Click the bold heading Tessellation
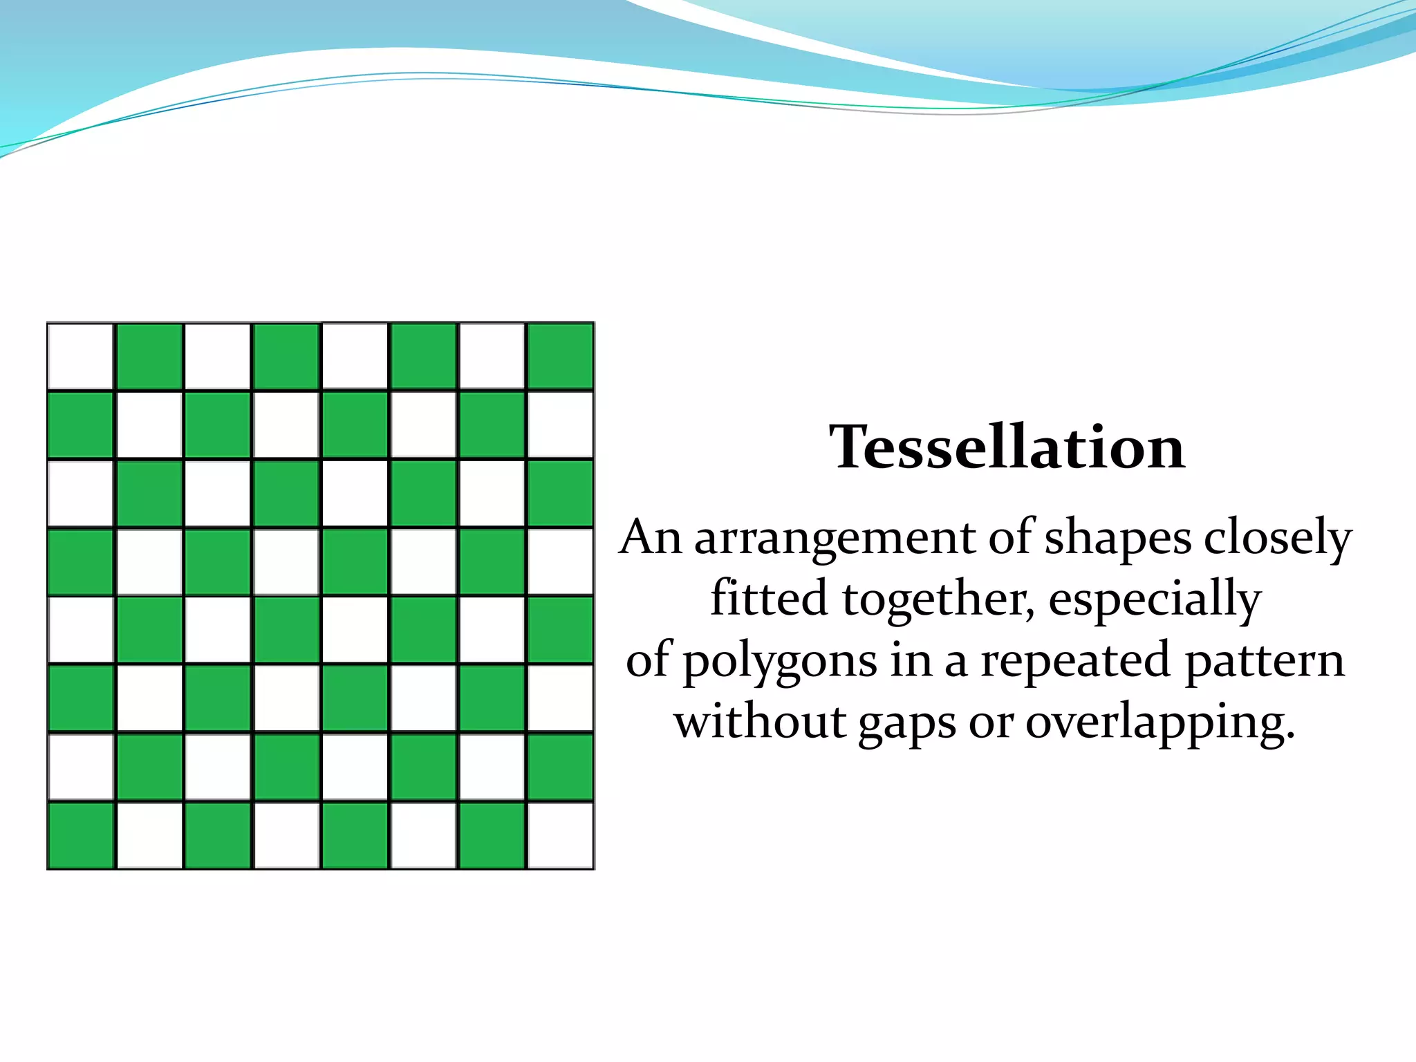[x=1007, y=447]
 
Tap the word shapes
[x=1118, y=538]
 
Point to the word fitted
[x=770, y=598]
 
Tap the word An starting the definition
[x=651, y=537]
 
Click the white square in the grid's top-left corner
[x=81, y=357]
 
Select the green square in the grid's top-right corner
[x=560, y=357]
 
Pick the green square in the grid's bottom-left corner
[x=81, y=835]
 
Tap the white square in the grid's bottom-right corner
[x=560, y=835]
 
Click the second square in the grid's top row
[x=149, y=357]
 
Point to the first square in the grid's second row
[x=81, y=425]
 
